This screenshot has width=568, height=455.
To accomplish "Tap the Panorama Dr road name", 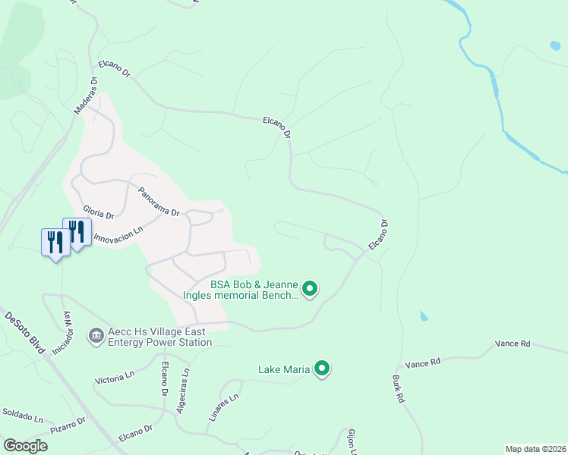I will (158, 202).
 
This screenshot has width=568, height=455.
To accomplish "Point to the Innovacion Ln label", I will (118, 236).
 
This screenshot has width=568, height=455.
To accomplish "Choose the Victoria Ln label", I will (114, 375).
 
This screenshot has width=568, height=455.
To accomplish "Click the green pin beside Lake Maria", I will (322, 369).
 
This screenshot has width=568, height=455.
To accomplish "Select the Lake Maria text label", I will (284, 369).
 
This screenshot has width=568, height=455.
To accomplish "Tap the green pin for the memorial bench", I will (310, 288).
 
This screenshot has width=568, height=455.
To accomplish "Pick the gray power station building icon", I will (96, 334).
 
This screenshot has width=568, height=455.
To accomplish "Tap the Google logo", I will (25, 446).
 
